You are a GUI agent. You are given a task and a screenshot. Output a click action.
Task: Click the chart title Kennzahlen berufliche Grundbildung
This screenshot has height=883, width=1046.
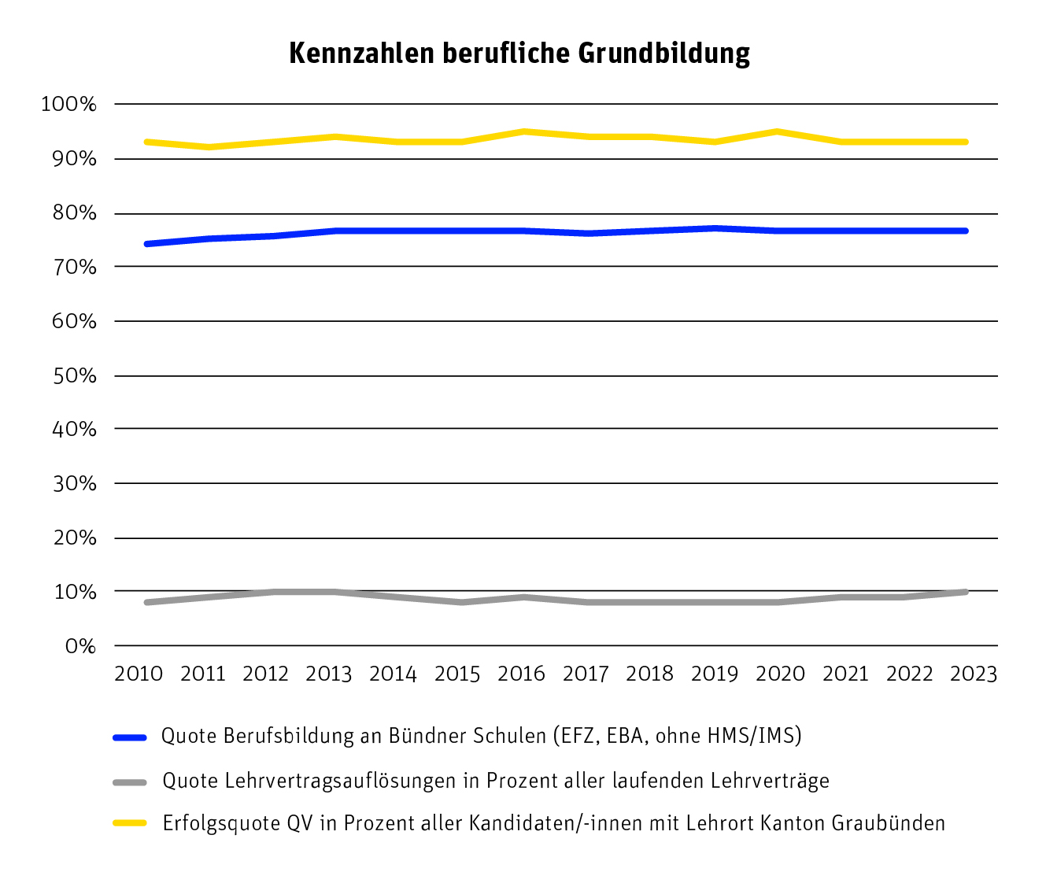[x=519, y=54]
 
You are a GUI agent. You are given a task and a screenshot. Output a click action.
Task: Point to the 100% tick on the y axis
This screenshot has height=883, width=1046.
[x=68, y=105]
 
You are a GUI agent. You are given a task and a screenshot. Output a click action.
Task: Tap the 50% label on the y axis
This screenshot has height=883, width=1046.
[x=75, y=375]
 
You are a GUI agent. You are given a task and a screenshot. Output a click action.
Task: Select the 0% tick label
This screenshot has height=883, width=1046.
[x=79, y=646]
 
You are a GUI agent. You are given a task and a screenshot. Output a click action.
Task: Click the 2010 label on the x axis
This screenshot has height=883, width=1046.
[x=139, y=674]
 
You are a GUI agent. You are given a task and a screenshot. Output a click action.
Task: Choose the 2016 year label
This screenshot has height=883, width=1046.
[x=522, y=674]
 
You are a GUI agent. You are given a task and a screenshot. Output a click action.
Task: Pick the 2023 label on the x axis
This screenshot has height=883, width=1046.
[x=974, y=674]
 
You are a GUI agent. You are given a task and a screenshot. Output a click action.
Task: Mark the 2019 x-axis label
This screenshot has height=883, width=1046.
[x=715, y=674]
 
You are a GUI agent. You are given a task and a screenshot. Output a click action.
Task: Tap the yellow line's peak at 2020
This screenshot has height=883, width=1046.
[x=778, y=131]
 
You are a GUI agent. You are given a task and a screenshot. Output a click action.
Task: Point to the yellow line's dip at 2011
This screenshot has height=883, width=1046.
[x=209, y=147]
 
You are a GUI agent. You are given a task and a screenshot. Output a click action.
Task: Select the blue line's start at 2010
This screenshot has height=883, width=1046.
[x=147, y=244]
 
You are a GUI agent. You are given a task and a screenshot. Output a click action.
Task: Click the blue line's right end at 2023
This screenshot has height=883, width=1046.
[x=966, y=231]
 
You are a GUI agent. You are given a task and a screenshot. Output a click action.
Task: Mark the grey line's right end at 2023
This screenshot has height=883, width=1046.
[x=966, y=592]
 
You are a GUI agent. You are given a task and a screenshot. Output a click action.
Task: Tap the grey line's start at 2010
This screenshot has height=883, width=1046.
[x=147, y=602]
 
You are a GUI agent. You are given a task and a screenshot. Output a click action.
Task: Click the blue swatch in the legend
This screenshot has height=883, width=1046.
[x=130, y=737]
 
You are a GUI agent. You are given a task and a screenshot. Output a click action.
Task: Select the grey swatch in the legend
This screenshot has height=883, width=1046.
[x=130, y=781]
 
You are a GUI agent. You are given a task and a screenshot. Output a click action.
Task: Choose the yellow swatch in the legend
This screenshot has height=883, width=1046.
[x=130, y=823]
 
